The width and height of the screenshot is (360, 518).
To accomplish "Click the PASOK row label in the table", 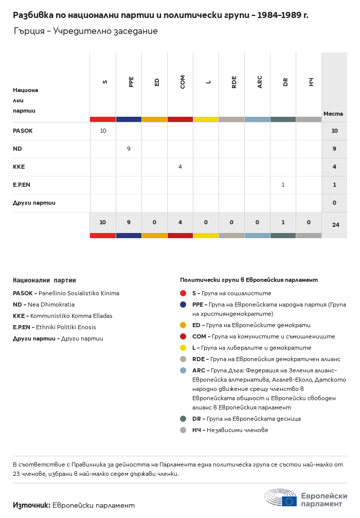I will pyautogui.click(x=23, y=131).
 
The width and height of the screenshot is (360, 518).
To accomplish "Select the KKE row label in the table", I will pyautogui.click(x=19, y=167).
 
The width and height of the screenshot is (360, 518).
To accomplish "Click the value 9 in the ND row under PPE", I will pyautogui.click(x=129, y=149).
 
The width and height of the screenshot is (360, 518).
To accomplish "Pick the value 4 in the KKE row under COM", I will pyautogui.click(x=180, y=167).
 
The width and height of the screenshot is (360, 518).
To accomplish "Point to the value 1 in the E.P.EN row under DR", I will pyautogui.click(x=283, y=185).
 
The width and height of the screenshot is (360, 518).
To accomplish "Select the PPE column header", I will pyautogui.click(x=131, y=81).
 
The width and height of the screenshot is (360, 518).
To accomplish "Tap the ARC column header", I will pyautogui.click(x=260, y=81).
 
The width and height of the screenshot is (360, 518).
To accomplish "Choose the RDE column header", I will pyautogui.click(x=234, y=81).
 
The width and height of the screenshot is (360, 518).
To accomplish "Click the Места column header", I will pyautogui.click(x=333, y=114).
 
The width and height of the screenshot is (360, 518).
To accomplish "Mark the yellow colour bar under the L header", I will pyautogui.click(x=206, y=119).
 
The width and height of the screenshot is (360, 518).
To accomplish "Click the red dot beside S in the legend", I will pyautogui.click(x=183, y=293).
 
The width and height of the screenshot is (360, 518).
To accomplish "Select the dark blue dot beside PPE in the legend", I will pyautogui.click(x=183, y=305).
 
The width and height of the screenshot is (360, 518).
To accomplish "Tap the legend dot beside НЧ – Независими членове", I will pyautogui.click(x=183, y=430).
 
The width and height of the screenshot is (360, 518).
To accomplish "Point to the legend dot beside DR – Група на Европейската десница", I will pyautogui.click(x=183, y=419).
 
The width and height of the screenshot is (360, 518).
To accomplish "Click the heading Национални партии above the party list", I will pyautogui.click(x=44, y=280).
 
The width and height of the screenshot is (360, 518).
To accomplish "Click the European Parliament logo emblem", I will pyautogui.click(x=281, y=498).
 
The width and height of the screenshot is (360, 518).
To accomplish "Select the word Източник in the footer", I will pyautogui.click(x=31, y=505).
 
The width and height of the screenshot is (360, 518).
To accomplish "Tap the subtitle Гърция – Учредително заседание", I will pyautogui.click(x=85, y=31).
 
